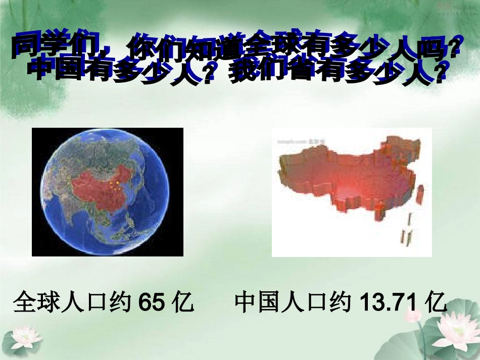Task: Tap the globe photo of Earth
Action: click(107, 192)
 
